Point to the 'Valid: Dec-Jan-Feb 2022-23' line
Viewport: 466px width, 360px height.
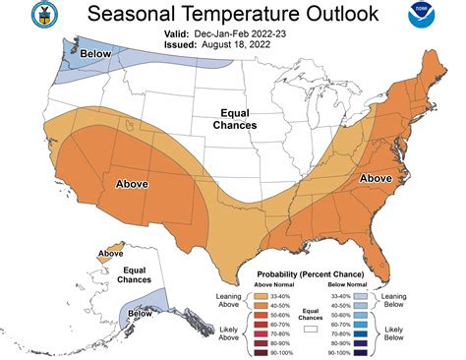coord(232,32)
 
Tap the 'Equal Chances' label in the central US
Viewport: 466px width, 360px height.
coord(236,119)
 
